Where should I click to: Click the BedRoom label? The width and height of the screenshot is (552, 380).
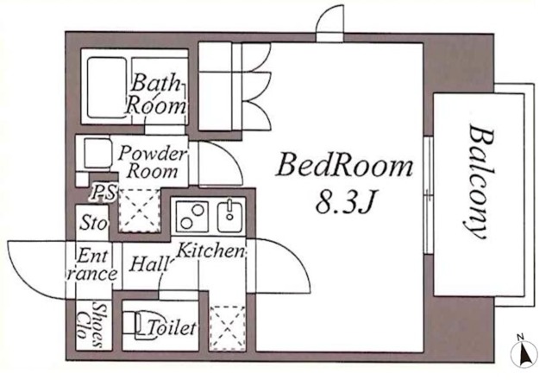tap(344, 167)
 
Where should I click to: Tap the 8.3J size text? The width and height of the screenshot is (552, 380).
tap(344, 202)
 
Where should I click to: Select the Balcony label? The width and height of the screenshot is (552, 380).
tap(479, 182)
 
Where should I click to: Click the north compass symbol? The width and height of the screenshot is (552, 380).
tap(524, 351)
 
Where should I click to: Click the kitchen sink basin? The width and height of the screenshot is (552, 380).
tap(229, 217)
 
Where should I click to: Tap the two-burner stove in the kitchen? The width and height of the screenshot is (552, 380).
tap(191, 217)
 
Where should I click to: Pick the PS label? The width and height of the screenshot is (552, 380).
tap(103, 193)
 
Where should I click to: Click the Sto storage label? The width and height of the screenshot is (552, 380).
tap(93, 223)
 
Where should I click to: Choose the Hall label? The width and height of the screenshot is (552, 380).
tap(148, 263)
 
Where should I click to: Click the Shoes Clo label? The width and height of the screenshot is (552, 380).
tap(90, 325)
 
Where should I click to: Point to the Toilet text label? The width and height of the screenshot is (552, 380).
tap(172, 328)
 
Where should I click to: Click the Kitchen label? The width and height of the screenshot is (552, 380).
tap(210, 250)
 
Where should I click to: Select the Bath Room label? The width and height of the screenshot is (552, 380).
tap(155, 94)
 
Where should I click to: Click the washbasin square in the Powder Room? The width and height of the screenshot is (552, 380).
tap(97, 153)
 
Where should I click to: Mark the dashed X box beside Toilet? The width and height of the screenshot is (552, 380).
tap(228, 328)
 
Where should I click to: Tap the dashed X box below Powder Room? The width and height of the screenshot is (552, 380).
tap(140, 211)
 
